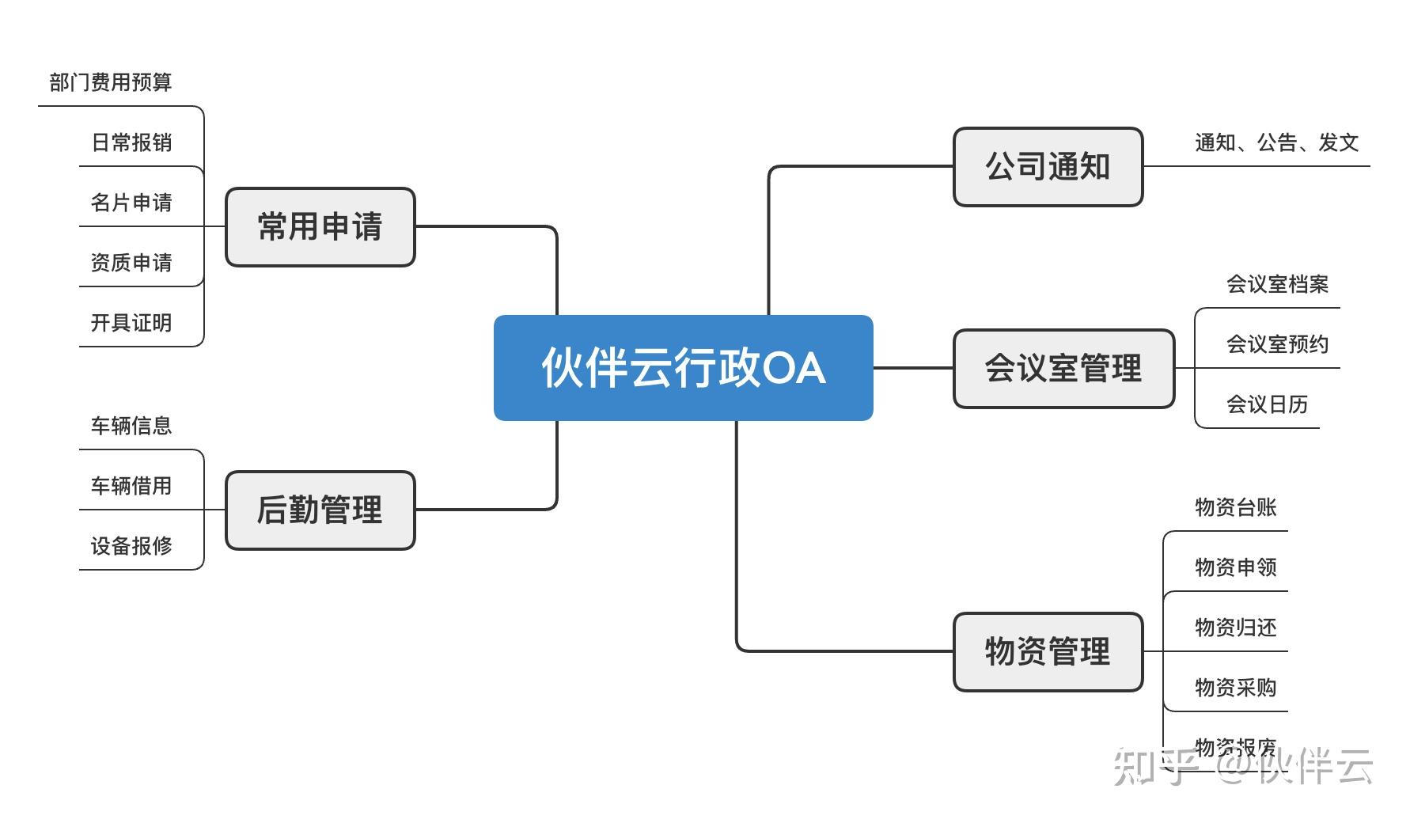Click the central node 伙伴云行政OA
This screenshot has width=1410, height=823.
click(683, 368)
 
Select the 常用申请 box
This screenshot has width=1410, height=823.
click(320, 227)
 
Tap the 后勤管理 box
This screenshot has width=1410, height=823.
click(320, 510)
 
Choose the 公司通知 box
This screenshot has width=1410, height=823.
click(1048, 167)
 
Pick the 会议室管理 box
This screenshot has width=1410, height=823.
click(1063, 369)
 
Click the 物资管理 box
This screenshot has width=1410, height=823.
click(1048, 652)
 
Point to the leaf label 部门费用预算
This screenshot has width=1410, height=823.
click(111, 82)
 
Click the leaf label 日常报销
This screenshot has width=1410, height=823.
click(131, 142)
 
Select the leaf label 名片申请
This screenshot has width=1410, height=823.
click(131, 203)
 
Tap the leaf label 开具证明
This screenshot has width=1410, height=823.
click(131, 323)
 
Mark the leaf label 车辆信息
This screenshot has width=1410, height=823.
click(131, 426)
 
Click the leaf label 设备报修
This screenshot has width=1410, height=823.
click(131, 546)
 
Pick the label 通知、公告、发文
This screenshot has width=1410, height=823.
click(1276, 142)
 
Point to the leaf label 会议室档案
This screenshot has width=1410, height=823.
click(1277, 284)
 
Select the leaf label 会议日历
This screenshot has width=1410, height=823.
click(1267, 404)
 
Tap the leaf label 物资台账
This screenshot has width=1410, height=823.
click(1235, 507)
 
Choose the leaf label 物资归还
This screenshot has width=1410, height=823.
click(1235, 628)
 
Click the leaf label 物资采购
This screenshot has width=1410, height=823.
click(1235, 688)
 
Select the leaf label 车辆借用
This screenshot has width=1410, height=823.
click(131, 486)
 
